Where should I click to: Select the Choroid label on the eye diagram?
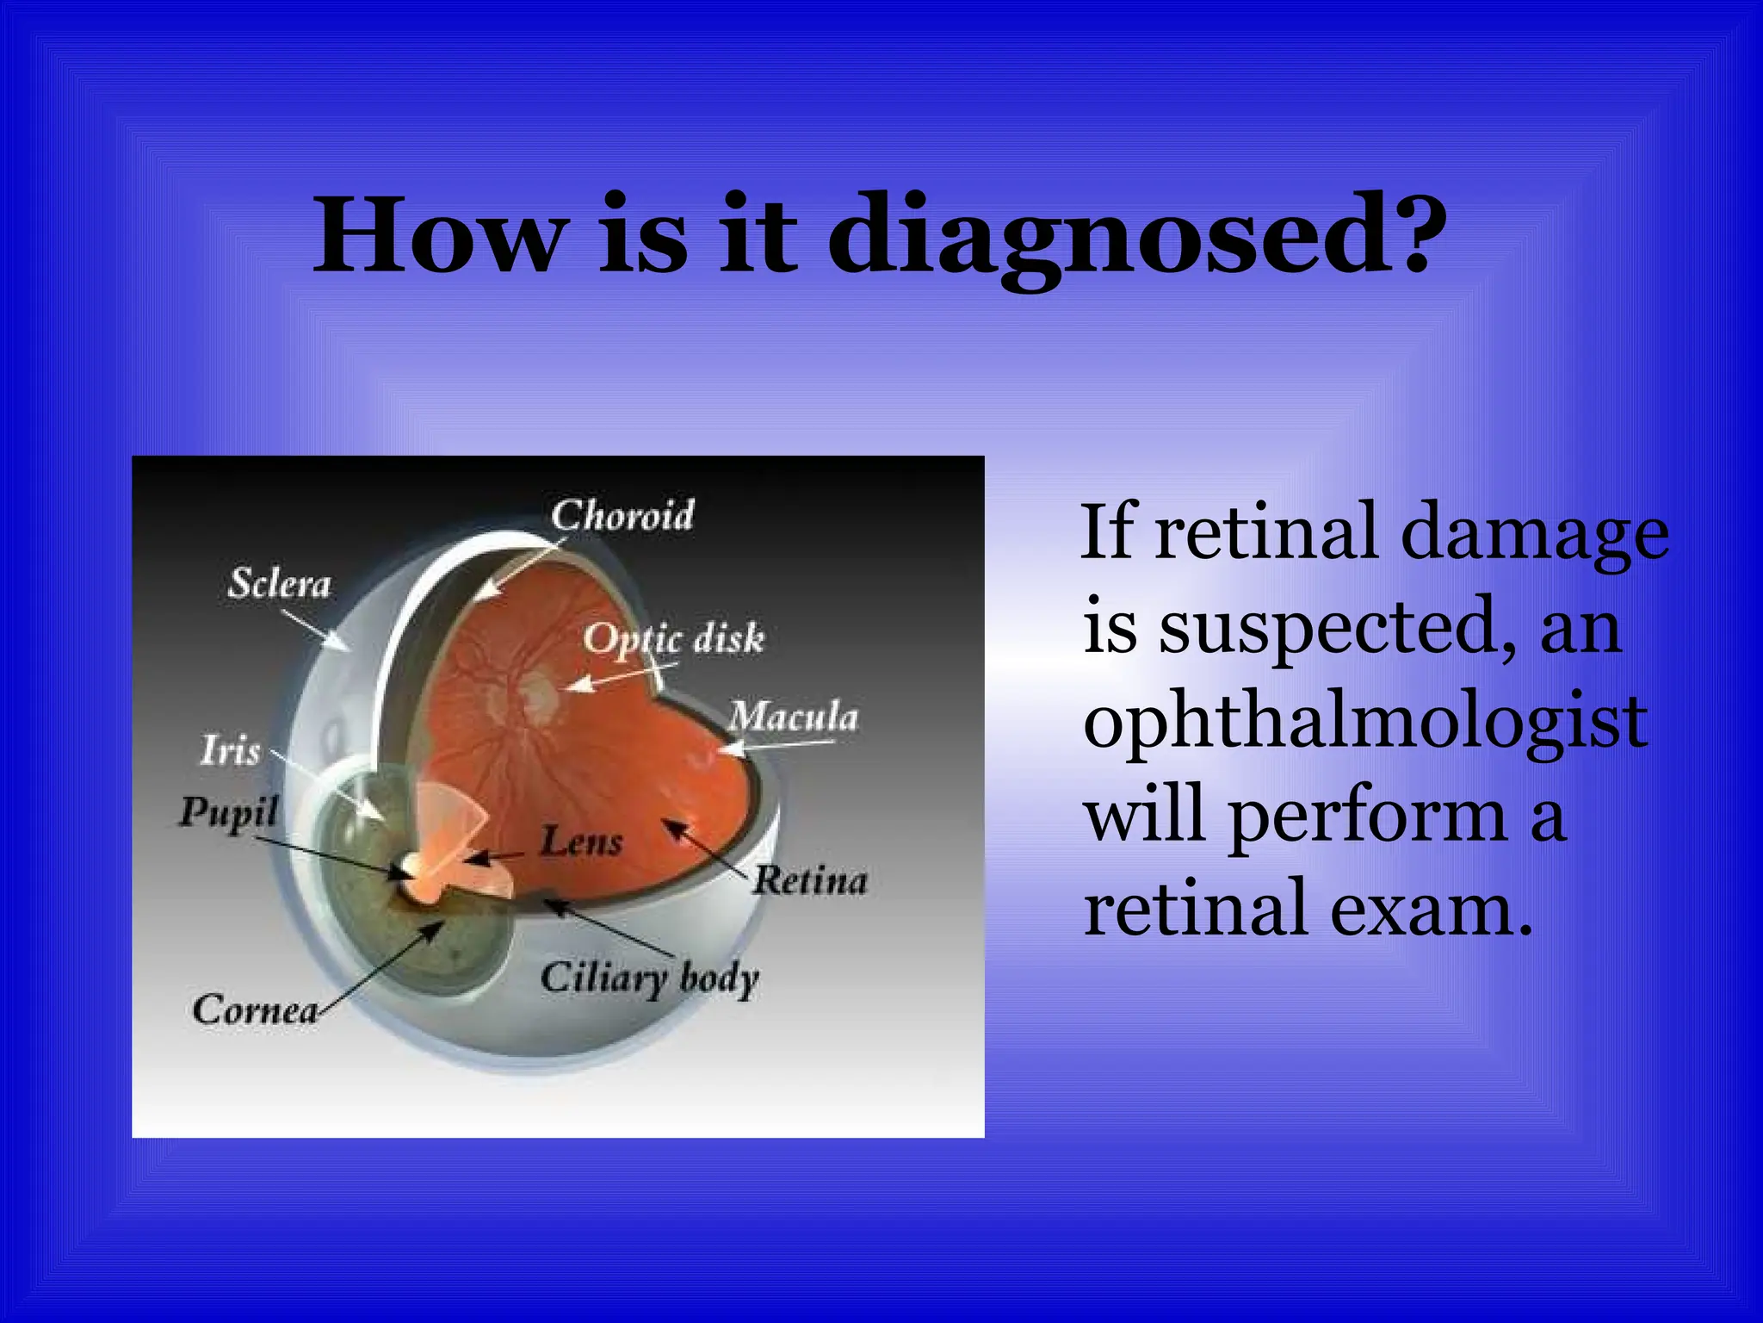[x=622, y=516]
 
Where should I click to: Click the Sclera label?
[x=279, y=584]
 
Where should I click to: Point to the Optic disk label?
[x=674, y=638]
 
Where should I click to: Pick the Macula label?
[x=794, y=717]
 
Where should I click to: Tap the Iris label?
[x=230, y=750]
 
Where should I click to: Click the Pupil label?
[x=228, y=812]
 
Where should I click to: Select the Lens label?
[x=581, y=841]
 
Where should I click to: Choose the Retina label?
[x=810, y=880]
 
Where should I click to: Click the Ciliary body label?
[x=650, y=978]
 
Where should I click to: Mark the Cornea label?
[x=255, y=1010]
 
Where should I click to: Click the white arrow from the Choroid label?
[x=520, y=568]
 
